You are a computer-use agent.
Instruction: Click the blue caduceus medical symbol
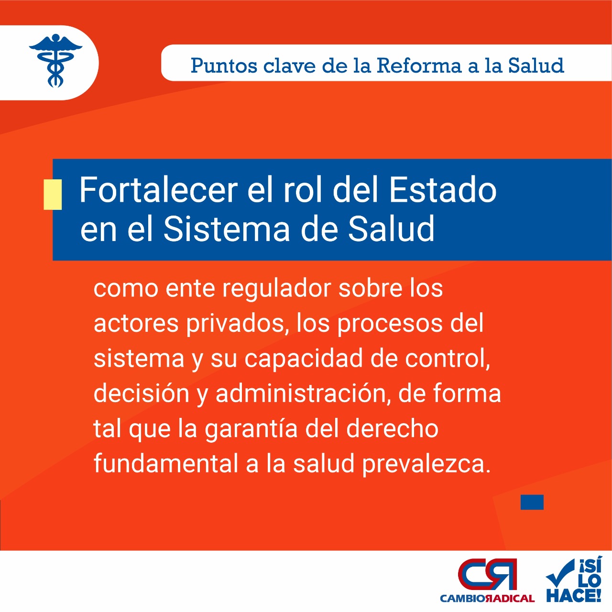55,60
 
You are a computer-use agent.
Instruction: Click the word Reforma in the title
419,66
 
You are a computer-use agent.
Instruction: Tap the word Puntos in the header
224,66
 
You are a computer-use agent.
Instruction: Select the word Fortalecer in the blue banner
158,190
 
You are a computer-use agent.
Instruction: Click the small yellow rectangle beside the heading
53,195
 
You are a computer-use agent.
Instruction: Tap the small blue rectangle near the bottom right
532,502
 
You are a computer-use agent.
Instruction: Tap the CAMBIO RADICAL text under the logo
487,599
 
